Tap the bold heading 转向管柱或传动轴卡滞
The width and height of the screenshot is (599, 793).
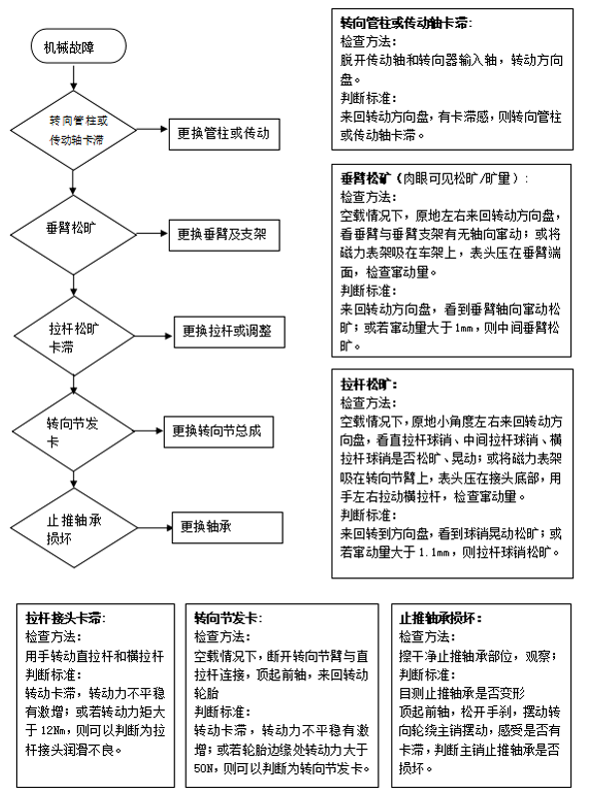[x=405, y=22]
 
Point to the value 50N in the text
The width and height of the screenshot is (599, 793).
[x=208, y=769]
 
